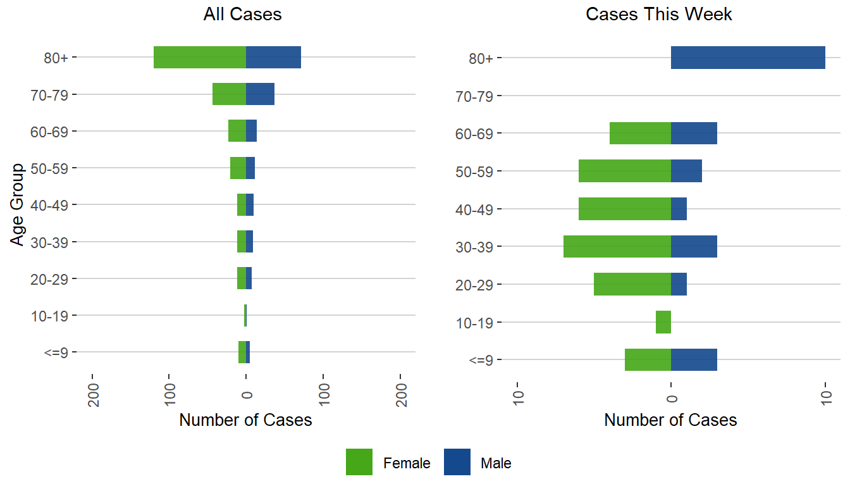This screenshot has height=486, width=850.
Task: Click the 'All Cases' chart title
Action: click(x=242, y=15)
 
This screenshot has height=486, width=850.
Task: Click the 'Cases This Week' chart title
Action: click(x=659, y=15)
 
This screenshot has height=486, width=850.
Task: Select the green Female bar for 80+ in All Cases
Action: click(x=200, y=58)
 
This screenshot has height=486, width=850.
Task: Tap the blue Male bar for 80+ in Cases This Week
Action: click(x=748, y=58)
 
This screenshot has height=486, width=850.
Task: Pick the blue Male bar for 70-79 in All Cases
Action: click(x=260, y=94)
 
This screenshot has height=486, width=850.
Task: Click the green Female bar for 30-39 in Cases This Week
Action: click(x=617, y=246)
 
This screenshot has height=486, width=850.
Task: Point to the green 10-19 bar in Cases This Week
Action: click(x=663, y=322)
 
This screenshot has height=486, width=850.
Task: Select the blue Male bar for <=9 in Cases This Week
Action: click(x=694, y=359)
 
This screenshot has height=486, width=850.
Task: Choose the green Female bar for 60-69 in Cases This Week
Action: click(x=640, y=133)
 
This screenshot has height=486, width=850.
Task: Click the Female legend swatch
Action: click(x=359, y=462)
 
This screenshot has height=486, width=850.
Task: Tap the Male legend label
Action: click(x=496, y=463)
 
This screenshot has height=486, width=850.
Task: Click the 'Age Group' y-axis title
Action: click(x=18, y=204)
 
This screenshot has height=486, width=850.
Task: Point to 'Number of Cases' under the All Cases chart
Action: click(x=245, y=420)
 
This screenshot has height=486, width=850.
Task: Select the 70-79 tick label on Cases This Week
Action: click(x=477, y=96)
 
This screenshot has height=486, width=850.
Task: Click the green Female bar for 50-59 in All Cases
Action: click(x=238, y=168)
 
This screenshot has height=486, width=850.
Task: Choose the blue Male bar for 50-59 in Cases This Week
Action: click(x=686, y=171)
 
